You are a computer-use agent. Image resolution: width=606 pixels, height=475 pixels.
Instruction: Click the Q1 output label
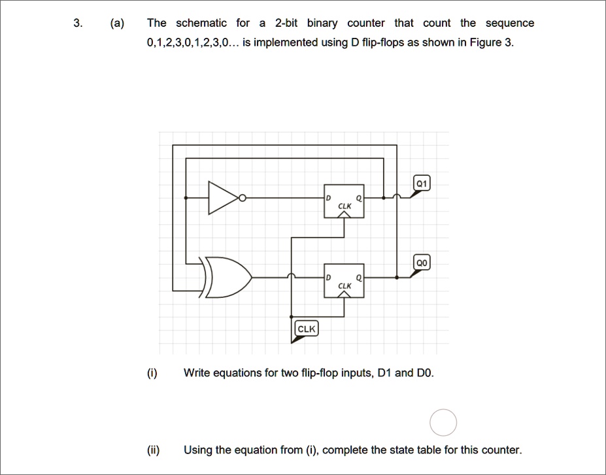click(x=422, y=184)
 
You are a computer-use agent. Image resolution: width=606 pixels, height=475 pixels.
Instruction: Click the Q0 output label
click(x=422, y=263)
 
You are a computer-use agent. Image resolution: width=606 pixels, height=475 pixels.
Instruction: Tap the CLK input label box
click(x=307, y=329)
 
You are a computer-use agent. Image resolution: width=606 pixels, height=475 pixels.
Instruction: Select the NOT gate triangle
click(x=224, y=198)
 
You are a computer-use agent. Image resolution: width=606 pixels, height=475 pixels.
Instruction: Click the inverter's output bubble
click(x=243, y=198)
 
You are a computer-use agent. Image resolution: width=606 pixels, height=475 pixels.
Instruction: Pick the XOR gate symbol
click(x=226, y=277)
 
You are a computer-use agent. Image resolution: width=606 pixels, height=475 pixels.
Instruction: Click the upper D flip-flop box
click(x=344, y=201)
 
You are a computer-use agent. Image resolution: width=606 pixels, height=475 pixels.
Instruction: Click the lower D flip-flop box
click(x=344, y=281)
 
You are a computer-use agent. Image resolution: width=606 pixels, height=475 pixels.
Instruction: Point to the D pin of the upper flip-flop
click(x=329, y=198)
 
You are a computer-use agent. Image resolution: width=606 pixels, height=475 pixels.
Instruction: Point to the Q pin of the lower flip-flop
click(x=359, y=278)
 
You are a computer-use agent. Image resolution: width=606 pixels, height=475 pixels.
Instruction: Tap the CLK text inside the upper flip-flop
click(x=345, y=206)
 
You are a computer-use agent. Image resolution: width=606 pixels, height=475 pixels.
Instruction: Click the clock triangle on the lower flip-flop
click(x=344, y=294)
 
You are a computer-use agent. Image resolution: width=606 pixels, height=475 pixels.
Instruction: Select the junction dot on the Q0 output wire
click(x=397, y=278)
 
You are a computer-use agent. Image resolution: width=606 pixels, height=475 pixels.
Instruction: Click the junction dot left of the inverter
click(x=186, y=198)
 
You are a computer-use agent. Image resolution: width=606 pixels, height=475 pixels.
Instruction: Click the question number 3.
click(x=78, y=23)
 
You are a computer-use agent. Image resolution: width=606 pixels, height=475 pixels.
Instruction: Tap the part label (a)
click(x=117, y=24)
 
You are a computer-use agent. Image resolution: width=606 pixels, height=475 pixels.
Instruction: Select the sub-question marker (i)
click(x=152, y=373)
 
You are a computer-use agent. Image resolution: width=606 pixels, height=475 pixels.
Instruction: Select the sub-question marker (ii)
click(x=154, y=450)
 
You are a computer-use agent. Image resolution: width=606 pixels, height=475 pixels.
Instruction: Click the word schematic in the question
click(x=201, y=23)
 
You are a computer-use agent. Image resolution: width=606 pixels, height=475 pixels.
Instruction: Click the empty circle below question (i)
click(x=443, y=423)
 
